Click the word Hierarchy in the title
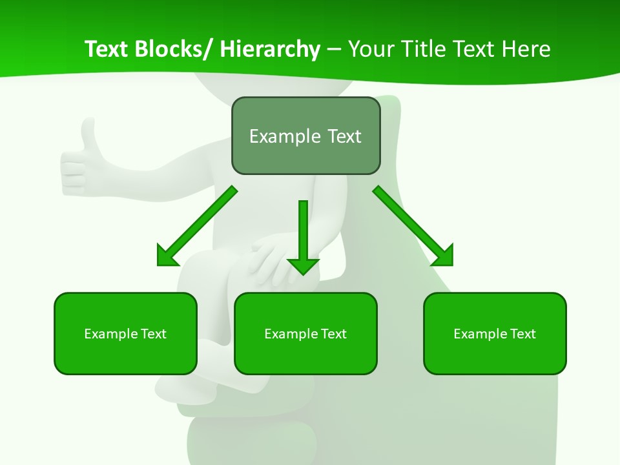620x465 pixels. coord(269,49)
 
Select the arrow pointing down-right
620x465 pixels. coord(413,226)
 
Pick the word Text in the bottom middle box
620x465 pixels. coord(333,334)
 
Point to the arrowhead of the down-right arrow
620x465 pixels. coord(442,255)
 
